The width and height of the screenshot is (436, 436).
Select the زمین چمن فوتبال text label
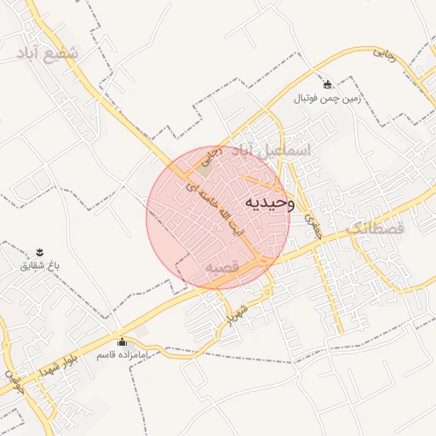[329, 99]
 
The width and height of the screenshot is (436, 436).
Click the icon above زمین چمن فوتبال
[329, 84]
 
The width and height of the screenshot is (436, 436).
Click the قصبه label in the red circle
[221, 267]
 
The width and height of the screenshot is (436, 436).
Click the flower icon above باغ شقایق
[40, 251]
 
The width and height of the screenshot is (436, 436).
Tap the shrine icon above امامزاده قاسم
[120, 339]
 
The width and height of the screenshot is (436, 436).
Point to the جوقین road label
[12, 373]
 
